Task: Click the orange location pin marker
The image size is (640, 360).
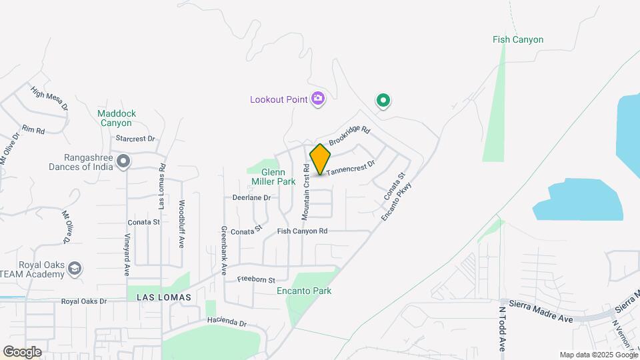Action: coord(321,159)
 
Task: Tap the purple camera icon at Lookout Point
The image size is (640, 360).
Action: coord(319,99)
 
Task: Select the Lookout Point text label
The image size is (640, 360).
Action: coord(279,100)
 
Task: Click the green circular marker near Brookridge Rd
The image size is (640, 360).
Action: coord(383,101)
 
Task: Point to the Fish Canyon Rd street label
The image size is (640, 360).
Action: coord(303,231)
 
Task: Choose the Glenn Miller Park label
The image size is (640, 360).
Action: coord(273,177)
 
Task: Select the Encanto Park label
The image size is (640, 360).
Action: coord(304,291)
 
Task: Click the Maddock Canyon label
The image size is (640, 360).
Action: coord(117,118)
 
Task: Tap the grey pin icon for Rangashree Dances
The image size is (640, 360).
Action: coord(123,162)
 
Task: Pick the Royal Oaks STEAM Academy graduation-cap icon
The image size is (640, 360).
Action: coord(75,269)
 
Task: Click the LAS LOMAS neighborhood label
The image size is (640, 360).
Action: coord(164,297)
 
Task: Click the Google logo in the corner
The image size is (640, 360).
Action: coord(22,351)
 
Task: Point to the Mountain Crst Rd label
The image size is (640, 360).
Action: coord(305,193)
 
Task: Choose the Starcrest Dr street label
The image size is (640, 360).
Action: coord(135,139)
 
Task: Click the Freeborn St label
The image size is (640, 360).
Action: coord(257,279)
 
